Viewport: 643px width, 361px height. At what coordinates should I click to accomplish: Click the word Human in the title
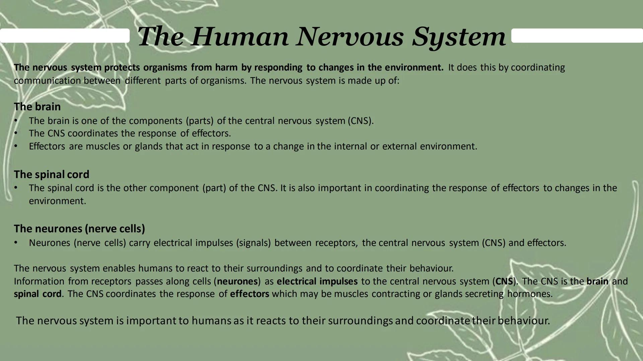(x=240, y=36)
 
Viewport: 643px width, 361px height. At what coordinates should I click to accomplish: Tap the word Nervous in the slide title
(x=350, y=36)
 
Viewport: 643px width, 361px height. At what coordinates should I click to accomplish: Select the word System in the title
(x=459, y=36)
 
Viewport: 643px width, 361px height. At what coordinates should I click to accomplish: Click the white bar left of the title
(x=65, y=35)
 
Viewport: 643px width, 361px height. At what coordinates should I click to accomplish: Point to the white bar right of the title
(x=577, y=35)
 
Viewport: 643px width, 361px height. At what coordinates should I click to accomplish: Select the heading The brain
(x=37, y=107)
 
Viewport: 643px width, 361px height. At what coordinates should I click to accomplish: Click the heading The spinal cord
(x=52, y=174)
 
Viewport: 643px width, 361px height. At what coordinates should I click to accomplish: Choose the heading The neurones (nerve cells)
(x=79, y=229)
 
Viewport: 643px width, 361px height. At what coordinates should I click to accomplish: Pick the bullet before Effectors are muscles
(x=16, y=146)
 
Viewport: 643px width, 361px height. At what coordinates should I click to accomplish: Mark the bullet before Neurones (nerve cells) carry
(x=16, y=243)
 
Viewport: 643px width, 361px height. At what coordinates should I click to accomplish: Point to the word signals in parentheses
(x=253, y=243)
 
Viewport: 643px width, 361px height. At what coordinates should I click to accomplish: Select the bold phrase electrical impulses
(x=317, y=281)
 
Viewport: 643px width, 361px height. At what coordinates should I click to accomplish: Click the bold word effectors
(x=249, y=294)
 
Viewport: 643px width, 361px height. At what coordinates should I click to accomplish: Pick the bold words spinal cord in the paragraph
(x=38, y=294)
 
